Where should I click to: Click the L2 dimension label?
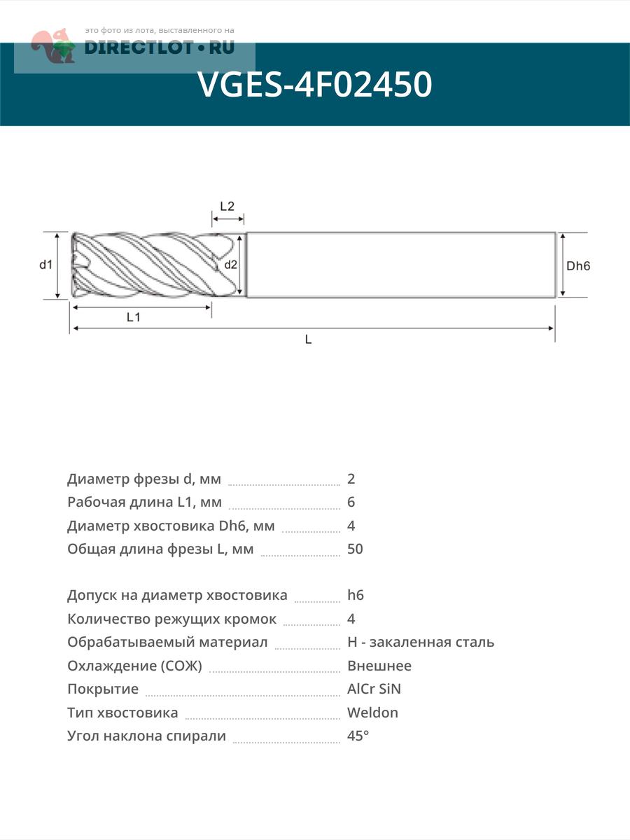point(227,206)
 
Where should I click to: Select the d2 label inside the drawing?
point(231,265)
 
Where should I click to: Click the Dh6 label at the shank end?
point(579,266)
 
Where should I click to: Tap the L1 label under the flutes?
point(134,317)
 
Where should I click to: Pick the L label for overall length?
point(308,339)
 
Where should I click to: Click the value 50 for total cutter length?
point(355,549)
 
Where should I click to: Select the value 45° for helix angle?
point(358,736)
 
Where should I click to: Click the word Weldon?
point(372,713)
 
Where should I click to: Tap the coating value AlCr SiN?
point(374,689)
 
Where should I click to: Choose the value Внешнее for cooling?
point(379,666)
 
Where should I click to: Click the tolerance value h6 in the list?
point(356,596)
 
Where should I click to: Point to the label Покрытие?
point(103,689)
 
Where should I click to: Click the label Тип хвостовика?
point(122,713)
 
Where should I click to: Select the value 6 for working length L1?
point(351,502)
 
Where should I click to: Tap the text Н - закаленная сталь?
point(421,642)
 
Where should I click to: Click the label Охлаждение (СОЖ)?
point(134,666)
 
